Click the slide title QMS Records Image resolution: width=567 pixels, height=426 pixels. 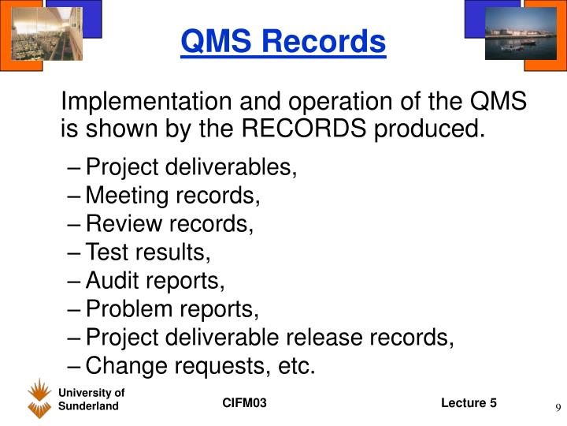(x=283, y=41)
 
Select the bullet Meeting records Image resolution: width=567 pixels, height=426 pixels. (x=172, y=196)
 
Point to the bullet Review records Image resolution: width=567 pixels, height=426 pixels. (x=169, y=224)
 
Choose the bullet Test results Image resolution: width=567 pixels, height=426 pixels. (x=148, y=252)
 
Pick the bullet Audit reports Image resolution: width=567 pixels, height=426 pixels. (x=155, y=281)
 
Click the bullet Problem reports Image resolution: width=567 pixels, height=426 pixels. (x=172, y=309)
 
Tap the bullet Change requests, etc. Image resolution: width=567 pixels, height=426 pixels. (x=200, y=366)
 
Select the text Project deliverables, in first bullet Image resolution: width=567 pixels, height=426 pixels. (x=191, y=167)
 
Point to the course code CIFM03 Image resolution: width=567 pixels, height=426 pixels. (x=244, y=403)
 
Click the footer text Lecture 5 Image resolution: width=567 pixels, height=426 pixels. (x=469, y=403)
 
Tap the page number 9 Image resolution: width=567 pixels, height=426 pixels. (x=557, y=407)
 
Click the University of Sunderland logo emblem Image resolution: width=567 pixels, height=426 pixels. (x=39, y=398)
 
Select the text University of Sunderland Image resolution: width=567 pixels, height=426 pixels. (x=91, y=399)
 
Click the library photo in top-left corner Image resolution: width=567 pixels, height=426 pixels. (x=58, y=33)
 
